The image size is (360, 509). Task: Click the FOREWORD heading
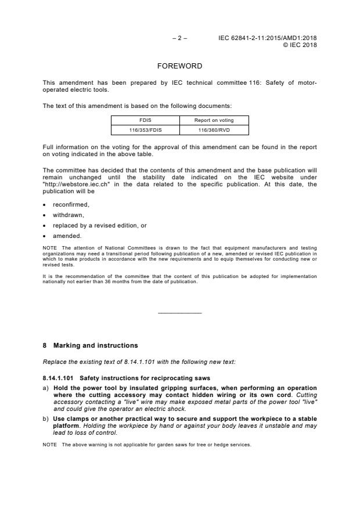pos(179,66)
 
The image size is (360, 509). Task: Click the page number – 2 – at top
pos(179,38)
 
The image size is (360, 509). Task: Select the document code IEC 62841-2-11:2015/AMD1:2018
pos(268,38)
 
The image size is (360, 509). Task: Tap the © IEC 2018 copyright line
pos(300,45)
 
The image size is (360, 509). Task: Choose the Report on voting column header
pos(214,120)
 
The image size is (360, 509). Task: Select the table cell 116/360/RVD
pos(214,131)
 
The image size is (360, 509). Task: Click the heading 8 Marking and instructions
pos(91,345)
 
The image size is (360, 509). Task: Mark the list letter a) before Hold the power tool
pos(46,388)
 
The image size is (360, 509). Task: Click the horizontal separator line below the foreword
pos(179,313)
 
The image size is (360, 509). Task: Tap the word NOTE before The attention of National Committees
pos(50,248)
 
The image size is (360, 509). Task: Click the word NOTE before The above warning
pos(50,445)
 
